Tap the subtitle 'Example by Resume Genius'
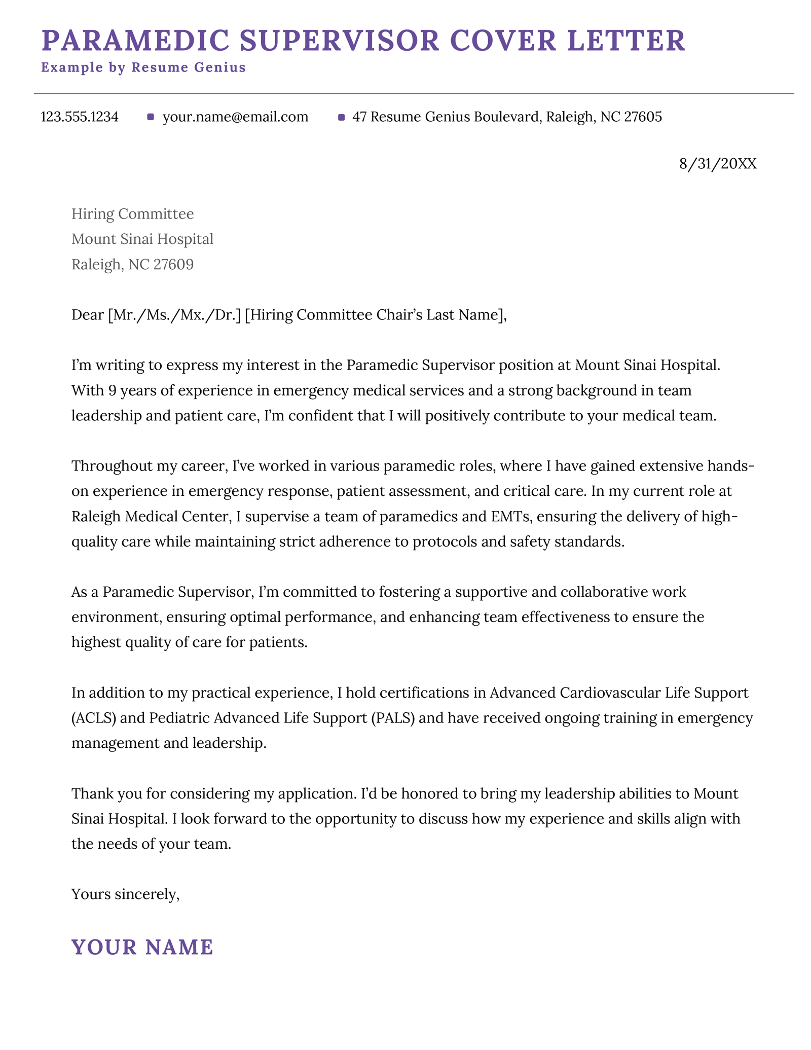pos(143,67)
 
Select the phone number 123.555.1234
pos(80,117)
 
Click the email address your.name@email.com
pos(235,117)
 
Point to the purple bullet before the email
pos(150,117)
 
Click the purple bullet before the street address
pos(341,118)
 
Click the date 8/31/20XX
pos(717,164)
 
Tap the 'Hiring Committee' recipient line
pos(132,214)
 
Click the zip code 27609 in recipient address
pos(173,264)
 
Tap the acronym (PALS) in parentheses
pos(393,718)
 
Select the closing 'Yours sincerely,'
pos(126,894)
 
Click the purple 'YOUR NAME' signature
pos(142,947)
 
